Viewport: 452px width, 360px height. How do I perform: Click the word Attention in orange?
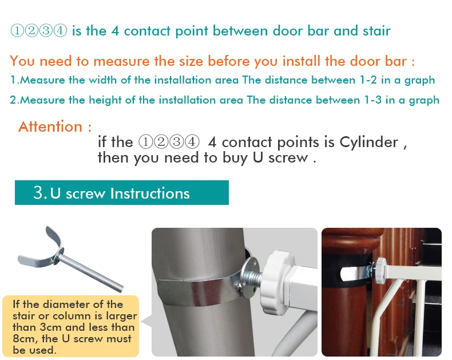[50, 126]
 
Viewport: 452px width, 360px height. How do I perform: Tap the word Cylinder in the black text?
[368, 142]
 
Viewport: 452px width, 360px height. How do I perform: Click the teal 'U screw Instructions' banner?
[122, 193]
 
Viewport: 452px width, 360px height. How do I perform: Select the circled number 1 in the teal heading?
[17, 30]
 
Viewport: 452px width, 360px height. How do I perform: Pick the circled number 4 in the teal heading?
[60, 30]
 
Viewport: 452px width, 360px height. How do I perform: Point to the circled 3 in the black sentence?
[177, 142]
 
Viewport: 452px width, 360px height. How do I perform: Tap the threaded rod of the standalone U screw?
[92, 271]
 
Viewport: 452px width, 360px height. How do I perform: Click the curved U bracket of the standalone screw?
[46, 254]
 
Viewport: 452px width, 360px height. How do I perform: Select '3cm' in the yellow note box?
[50, 327]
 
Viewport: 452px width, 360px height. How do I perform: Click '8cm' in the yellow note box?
[25, 338]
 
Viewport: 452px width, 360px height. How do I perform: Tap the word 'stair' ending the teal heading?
[376, 31]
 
